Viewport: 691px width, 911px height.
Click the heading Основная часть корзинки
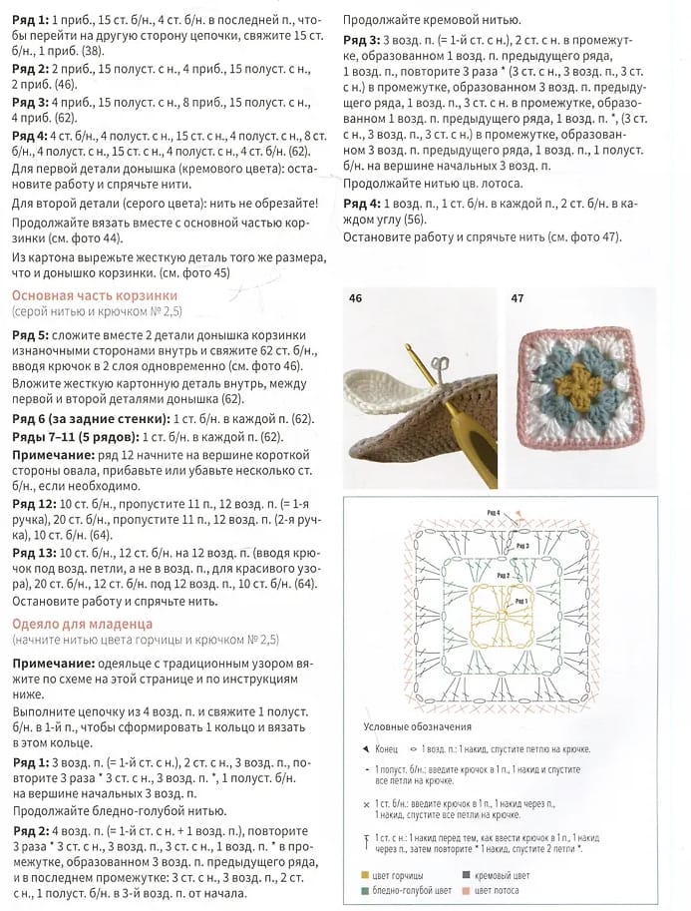tap(95, 295)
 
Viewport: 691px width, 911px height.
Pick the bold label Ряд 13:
tap(33, 552)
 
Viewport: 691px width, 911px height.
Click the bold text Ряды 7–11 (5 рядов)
tap(75, 437)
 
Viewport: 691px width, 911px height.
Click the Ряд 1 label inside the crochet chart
tap(520, 602)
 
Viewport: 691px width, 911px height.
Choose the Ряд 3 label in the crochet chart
tap(522, 547)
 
